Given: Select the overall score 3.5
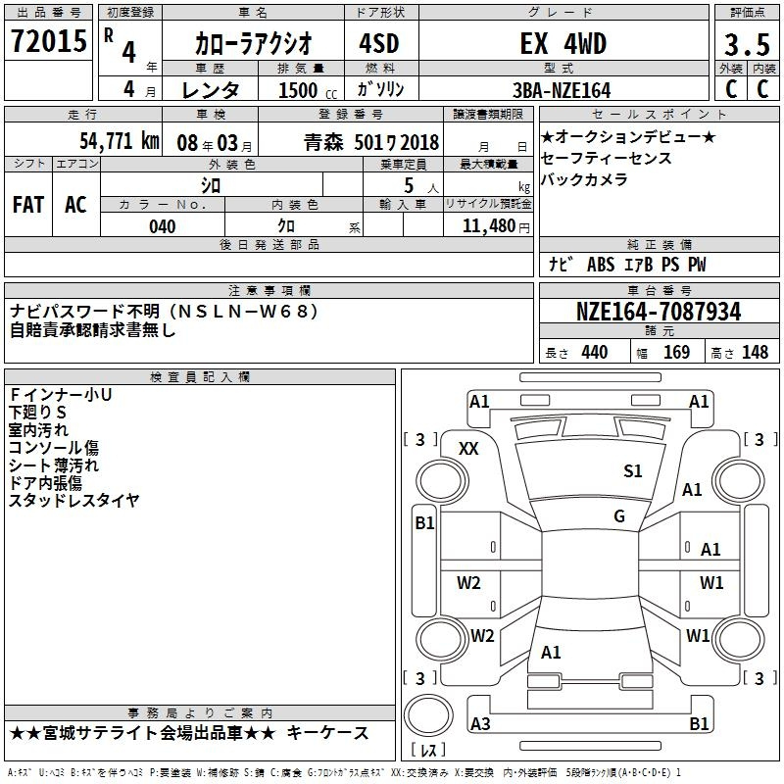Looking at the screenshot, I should click(x=746, y=45).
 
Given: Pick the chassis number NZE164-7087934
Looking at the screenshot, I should click(x=658, y=313).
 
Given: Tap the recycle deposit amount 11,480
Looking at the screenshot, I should click(x=488, y=226).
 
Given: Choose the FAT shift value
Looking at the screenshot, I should click(x=27, y=205).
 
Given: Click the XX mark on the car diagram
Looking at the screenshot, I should click(x=469, y=448).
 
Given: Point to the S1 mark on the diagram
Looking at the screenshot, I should click(x=633, y=471).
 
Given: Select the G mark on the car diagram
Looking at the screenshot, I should click(x=619, y=516).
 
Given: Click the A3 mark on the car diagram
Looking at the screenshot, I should click(x=480, y=723).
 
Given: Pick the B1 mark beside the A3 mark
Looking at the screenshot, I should click(x=699, y=723).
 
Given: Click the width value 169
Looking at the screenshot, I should click(x=676, y=353).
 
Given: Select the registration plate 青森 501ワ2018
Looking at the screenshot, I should click(x=371, y=141).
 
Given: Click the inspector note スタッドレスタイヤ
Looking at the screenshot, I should click(x=74, y=501).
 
